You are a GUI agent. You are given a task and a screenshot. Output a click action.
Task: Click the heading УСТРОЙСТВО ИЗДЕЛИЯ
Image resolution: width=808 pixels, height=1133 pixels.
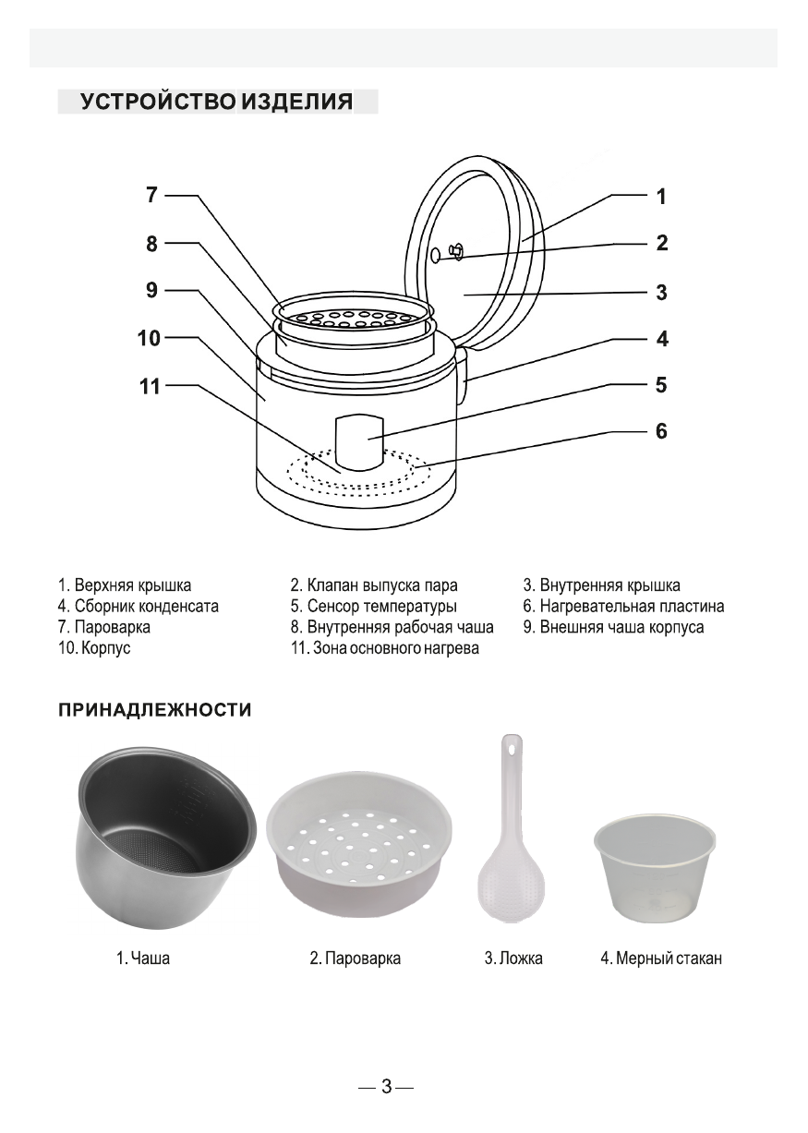click(217, 102)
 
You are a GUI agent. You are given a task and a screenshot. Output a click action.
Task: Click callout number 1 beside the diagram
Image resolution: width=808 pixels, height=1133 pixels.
click(661, 196)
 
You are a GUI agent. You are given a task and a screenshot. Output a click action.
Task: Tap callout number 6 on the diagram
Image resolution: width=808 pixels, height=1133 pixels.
click(661, 431)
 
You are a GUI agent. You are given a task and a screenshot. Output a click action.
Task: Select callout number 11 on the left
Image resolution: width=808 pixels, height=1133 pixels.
click(150, 386)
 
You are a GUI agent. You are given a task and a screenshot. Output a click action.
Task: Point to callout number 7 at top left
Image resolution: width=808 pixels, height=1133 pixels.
click(152, 195)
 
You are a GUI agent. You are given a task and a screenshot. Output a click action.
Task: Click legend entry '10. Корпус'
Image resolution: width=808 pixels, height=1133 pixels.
click(94, 648)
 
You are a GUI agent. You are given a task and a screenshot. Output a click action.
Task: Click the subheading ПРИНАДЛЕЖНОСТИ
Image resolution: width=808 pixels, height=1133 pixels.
click(155, 710)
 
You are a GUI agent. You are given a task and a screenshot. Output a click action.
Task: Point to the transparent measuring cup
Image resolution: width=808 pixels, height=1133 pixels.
click(654, 867)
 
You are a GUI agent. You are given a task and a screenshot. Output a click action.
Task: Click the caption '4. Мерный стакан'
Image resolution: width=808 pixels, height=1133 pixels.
click(661, 958)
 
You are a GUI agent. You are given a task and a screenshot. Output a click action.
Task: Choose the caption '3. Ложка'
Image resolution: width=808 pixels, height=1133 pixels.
click(513, 958)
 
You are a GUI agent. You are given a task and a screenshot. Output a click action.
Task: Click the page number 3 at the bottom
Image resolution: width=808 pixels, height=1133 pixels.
click(386, 1087)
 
